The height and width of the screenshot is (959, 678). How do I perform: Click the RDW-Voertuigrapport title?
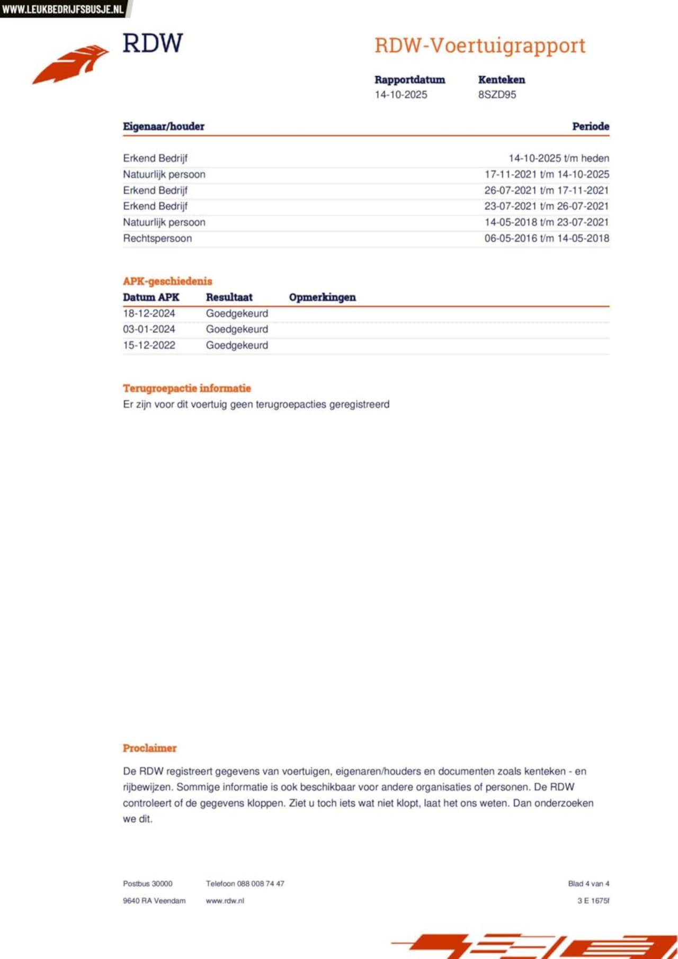(x=480, y=46)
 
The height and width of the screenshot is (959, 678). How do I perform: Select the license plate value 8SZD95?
(x=497, y=95)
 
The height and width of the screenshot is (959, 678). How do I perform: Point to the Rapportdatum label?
(x=409, y=80)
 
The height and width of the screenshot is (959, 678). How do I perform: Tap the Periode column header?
(x=590, y=126)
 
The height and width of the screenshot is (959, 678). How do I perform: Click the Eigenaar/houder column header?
(x=163, y=126)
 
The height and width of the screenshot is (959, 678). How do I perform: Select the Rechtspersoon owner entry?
(x=157, y=238)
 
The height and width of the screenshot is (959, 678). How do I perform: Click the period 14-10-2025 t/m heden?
(x=558, y=158)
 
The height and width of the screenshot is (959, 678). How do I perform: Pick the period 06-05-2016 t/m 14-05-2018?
(x=546, y=238)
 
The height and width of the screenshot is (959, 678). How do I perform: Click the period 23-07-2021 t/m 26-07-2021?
(x=546, y=206)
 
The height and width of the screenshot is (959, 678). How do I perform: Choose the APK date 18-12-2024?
(x=149, y=313)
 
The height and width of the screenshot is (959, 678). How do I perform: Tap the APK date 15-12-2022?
(x=149, y=345)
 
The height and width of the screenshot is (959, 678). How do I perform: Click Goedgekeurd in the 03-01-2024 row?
(x=237, y=329)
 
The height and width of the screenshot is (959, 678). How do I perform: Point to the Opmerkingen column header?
(x=322, y=297)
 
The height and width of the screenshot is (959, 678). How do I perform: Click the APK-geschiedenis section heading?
(x=167, y=282)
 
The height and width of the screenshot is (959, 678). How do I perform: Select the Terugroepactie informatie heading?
(x=186, y=388)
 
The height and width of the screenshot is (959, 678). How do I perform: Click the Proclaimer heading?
(x=149, y=748)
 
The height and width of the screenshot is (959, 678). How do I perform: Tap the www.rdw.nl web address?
(x=225, y=901)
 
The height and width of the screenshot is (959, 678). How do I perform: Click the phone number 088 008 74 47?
(x=261, y=884)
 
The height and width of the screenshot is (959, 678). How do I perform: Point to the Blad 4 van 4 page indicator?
(x=588, y=884)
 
